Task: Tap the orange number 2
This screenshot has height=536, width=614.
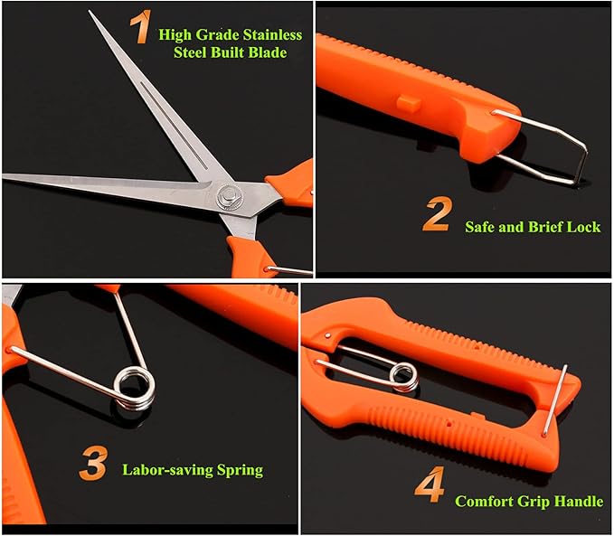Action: [x=436, y=216]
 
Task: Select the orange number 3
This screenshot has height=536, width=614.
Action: [x=93, y=464]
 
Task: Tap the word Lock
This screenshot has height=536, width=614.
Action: [x=582, y=227]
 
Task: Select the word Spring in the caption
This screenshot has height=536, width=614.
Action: [x=238, y=470]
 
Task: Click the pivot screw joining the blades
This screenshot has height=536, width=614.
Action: [x=230, y=195]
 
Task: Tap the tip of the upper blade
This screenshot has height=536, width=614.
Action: [x=91, y=14]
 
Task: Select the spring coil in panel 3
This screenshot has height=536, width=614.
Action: [x=132, y=388]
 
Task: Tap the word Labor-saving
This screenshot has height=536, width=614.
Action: [x=167, y=470]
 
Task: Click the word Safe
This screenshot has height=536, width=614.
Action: [x=481, y=227]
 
